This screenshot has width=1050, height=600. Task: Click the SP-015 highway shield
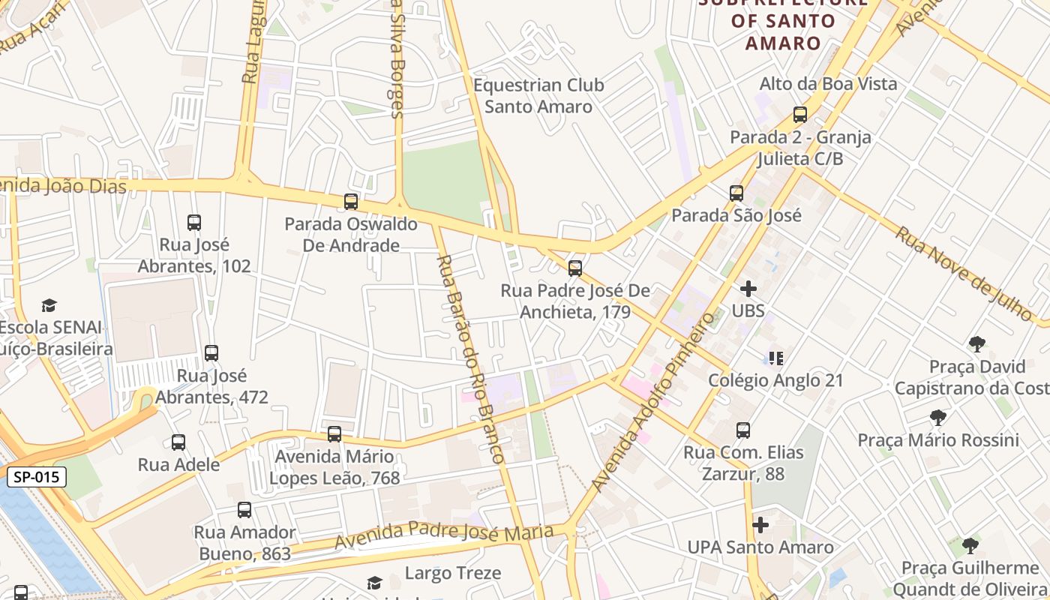[x=37, y=477]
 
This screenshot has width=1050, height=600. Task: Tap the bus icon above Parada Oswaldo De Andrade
[x=351, y=201]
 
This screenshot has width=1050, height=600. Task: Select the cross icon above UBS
[x=748, y=289]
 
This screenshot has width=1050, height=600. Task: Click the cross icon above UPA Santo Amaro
[x=760, y=525]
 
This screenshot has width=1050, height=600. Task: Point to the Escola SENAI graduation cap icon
[x=49, y=305]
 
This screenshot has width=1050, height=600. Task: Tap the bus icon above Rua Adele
[x=178, y=442]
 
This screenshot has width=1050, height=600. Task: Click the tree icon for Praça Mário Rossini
[x=937, y=418]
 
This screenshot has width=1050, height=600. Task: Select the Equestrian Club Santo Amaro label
[x=538, y=96]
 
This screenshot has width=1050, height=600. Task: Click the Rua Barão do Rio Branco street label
[x=470, y=358]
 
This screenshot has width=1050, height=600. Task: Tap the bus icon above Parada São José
[x=736, y=193]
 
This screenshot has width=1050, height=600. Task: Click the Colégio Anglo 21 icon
[x=775, y=358]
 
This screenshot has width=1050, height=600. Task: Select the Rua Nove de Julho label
[x=964, y=273]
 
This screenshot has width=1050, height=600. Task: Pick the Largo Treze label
[x=453, y=574]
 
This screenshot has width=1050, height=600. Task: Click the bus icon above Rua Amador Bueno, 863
[x=244, y=510]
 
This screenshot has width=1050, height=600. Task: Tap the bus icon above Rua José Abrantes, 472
[x=211, y=352]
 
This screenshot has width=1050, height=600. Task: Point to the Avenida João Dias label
[x=63, y=186]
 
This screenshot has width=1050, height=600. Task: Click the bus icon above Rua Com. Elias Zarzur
[x=743, y=430]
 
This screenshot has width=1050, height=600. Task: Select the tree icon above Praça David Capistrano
[x=976, y=344]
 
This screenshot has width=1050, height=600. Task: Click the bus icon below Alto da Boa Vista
[x=800, y=115]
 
